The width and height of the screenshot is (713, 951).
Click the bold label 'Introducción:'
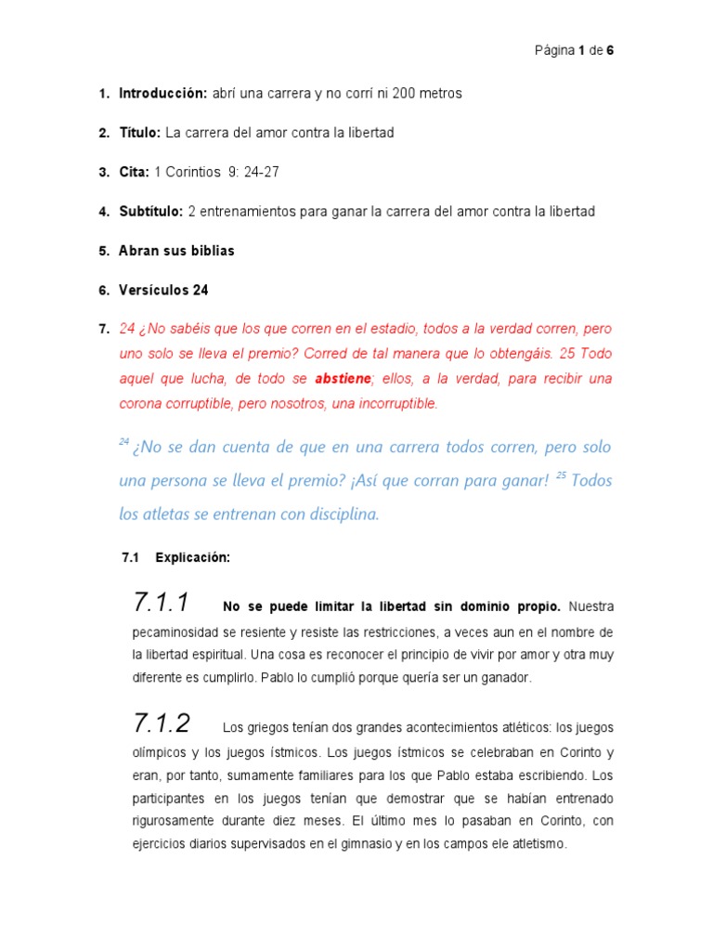[162, 94]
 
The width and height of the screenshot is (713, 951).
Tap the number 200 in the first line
[405, 94]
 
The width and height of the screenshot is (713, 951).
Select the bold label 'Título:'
[140, 133]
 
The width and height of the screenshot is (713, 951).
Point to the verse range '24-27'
[259, 172]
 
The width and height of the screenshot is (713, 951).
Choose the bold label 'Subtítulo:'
[151, 212]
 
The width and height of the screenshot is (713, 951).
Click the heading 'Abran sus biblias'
[176, 251]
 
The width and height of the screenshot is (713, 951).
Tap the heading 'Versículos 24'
[163, 290]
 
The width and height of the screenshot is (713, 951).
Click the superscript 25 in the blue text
[561, 475]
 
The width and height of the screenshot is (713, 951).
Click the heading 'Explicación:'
[192, 558]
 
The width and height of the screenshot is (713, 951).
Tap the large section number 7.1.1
[162, 604]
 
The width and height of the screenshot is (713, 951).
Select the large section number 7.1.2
[162, 723]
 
